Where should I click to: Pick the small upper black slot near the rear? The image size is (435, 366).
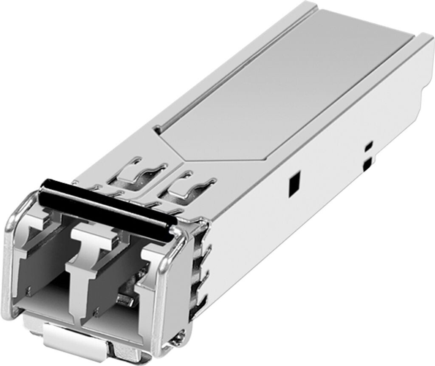pyautogui.click(x=368, y=146)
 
